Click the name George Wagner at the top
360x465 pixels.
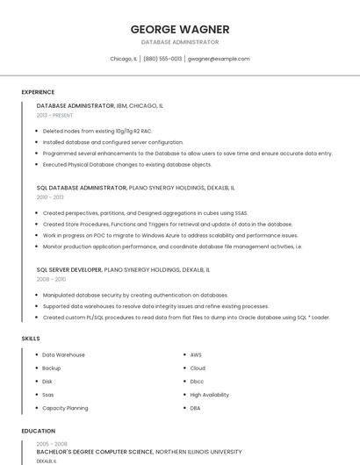tap(180, 28)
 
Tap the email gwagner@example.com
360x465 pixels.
tap(219, 59)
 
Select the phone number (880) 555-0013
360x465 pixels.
tap(162, 59)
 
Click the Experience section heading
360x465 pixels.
tap(38, 92)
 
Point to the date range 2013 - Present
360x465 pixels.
tap(54, 115)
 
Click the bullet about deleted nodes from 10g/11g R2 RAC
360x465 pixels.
tap(97, 131)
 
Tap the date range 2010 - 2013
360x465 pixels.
tap(50, 197)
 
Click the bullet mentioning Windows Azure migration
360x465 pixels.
tap(170, 235)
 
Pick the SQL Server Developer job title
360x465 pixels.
tap(69, 269)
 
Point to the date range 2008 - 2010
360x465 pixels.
tap(50, 280)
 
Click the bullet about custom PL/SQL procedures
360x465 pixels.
tap(186, 317)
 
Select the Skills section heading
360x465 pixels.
tap(31, 338)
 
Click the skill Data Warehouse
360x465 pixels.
tap(64, 354)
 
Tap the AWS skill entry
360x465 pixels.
tap(196, 354)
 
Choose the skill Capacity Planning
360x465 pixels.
tap(65, 408)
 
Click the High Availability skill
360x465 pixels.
tap(209, 395)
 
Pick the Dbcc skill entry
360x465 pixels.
tap(197, 382)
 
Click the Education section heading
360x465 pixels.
tap(38, 431)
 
